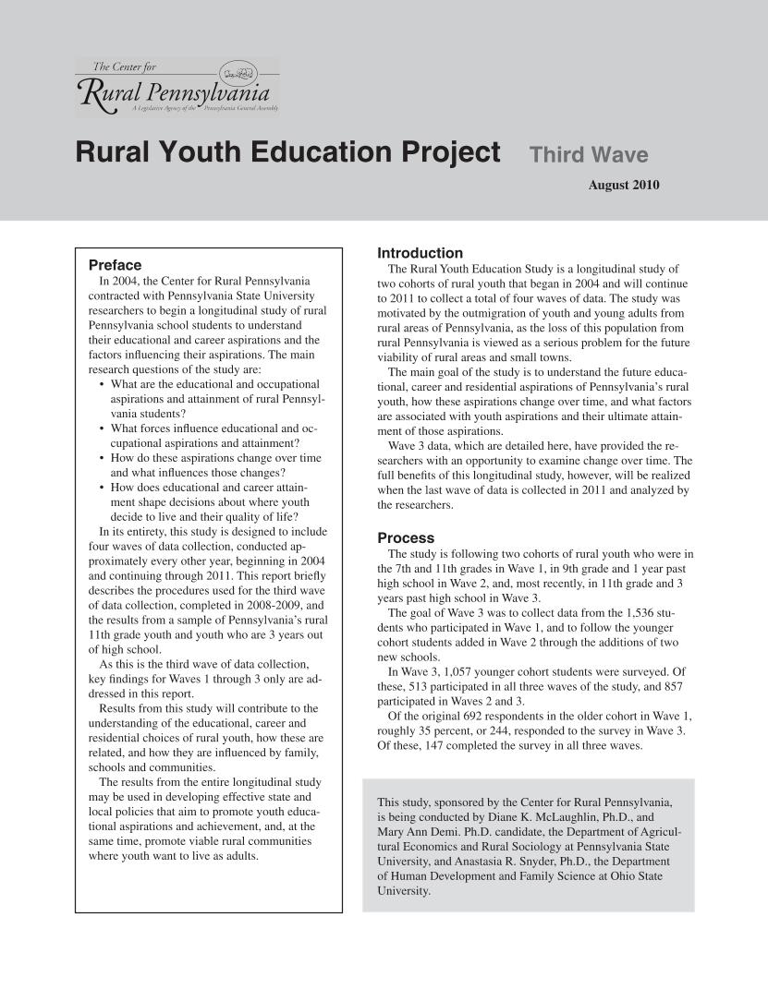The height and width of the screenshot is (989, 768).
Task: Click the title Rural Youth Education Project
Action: coord(287,152)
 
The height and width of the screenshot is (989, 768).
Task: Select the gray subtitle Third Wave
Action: coord(589,155)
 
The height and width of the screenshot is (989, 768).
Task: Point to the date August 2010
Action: coord(624,186)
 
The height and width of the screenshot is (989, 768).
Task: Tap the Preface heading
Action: coord(115,265)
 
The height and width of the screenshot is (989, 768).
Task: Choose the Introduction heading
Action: coord(420,253)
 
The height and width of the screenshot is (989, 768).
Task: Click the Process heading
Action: coord(406,537)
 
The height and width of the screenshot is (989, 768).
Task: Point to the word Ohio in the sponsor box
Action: coord(623,876)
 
